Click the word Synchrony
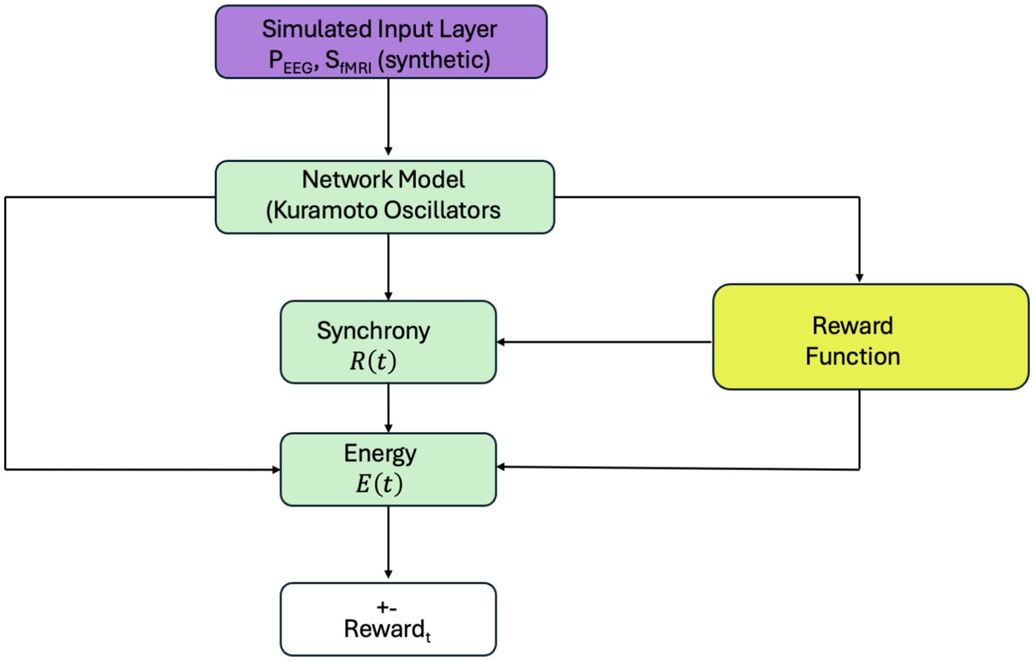(x=373, y=331)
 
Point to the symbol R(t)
(x=372, y=361)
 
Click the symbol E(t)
(x=379, y=483)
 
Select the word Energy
(x=380, y=453)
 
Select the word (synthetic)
(x=434, y=60)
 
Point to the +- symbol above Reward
(x=386, y=607)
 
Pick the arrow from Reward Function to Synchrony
(x=602, y=342)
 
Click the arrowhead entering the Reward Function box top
(x=859, y=278)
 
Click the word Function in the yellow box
(x=852, y=357)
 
